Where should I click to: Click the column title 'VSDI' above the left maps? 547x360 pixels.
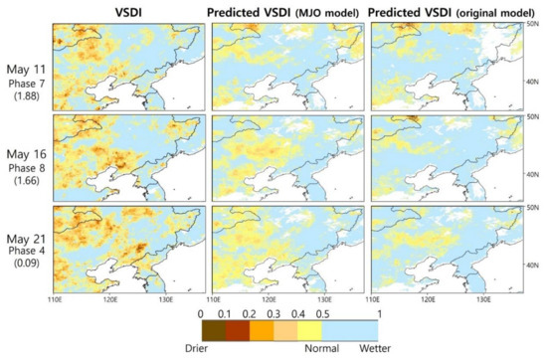click(127, 11)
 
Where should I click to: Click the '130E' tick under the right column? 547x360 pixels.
click(482, 298)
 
